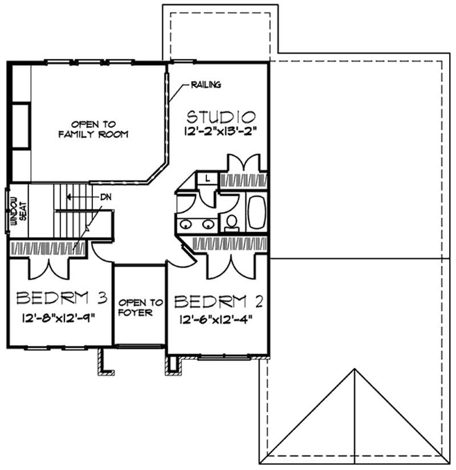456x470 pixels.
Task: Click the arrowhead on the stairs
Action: point(67,196)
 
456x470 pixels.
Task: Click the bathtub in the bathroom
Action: point(255,212)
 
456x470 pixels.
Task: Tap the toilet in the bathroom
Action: point(231,221)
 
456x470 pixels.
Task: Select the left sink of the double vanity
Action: point(186,224)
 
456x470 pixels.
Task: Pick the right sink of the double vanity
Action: point(208,224)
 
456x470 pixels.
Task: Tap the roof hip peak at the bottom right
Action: point(355,369)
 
